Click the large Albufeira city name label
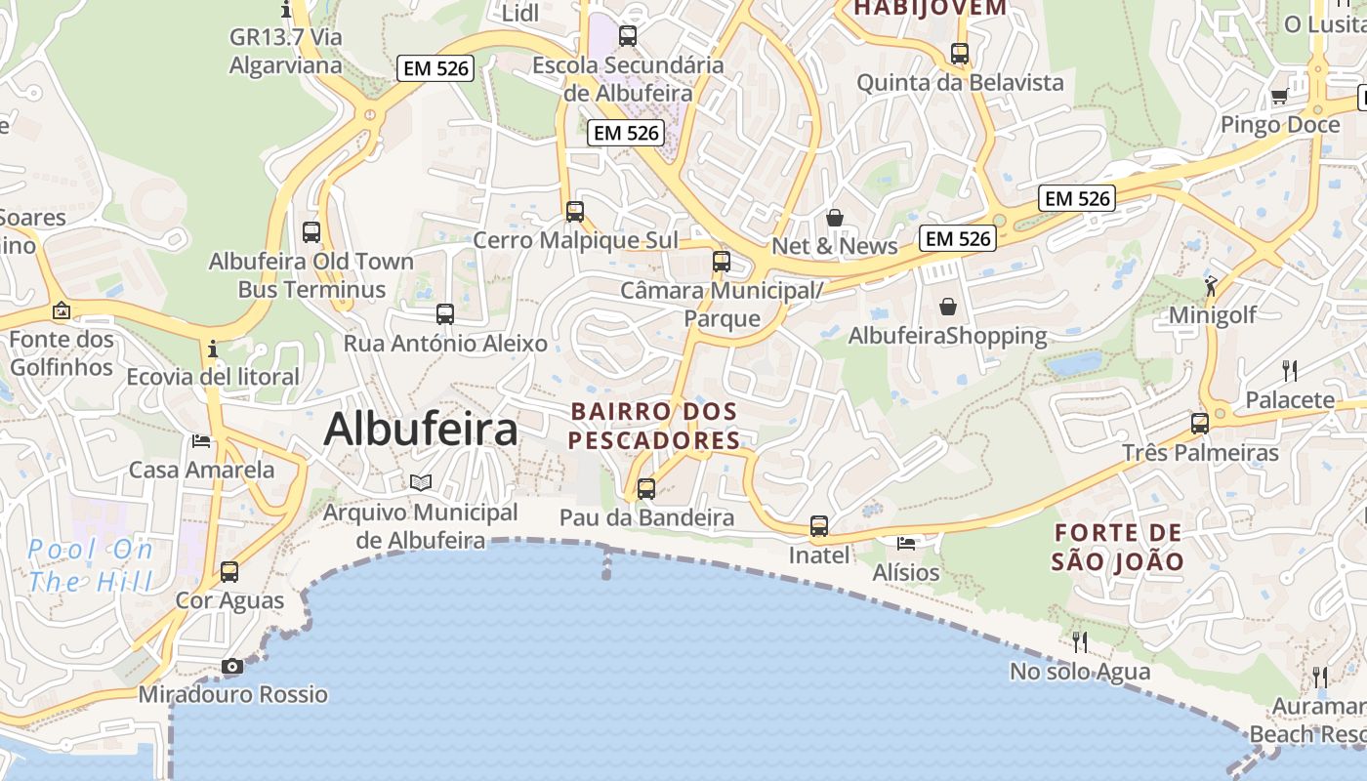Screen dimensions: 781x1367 coord(420,429)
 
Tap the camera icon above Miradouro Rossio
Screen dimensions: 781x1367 coord(232,667)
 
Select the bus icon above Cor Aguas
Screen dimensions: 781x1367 coord(229,572)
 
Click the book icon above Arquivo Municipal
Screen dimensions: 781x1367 coord(421,483)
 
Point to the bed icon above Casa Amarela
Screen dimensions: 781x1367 coord(201,441)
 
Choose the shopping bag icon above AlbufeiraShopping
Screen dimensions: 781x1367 coord(947,308)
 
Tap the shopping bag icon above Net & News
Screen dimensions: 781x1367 coord(835,218)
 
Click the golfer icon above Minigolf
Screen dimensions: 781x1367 coord(1212,286)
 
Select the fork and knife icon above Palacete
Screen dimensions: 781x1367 coord(1290,371)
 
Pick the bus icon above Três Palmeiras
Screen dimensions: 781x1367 coord(1200,424)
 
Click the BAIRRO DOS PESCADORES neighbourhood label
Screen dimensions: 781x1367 coord(654,426)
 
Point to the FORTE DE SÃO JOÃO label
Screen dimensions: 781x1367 coord(1118,547)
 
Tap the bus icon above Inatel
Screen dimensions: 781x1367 coord(819,526)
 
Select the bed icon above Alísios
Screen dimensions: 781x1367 coord(906,543)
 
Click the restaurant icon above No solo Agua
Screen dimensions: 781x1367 coord(1080,642)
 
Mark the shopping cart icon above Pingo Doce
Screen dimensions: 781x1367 coord(1279,96)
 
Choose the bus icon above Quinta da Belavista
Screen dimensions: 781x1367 coord(960,54)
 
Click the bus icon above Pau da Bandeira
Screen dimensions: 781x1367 coord(646,489)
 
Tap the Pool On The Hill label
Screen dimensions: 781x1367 coord(90,566)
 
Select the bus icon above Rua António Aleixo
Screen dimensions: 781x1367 coord(445,314)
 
